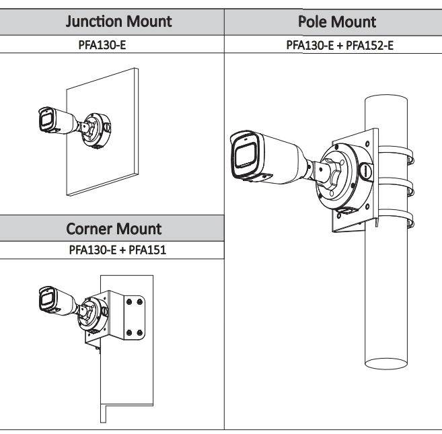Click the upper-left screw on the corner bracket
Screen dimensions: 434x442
pos(128,303)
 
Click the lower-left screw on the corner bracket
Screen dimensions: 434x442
pos(128,332)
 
